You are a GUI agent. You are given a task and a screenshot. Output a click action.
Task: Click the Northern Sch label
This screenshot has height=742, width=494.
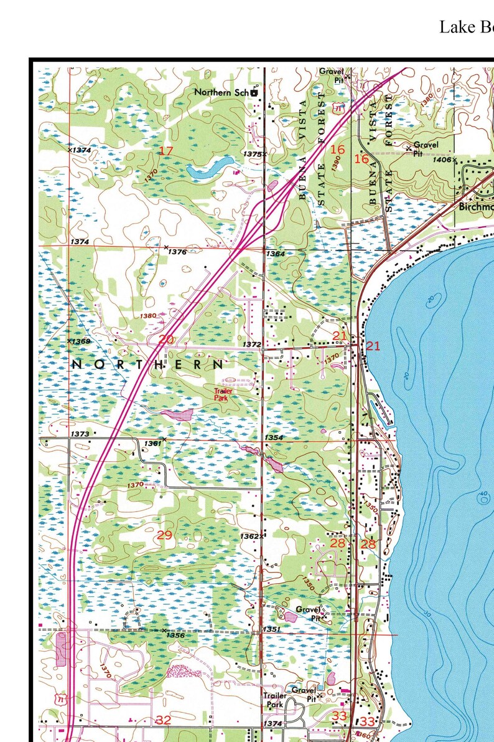click(x=221, y=92)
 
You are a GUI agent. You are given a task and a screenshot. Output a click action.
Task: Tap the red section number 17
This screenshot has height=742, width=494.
click(x=165, y=151)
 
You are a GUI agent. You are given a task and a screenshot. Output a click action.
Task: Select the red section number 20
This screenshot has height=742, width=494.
click(x=166, y=340)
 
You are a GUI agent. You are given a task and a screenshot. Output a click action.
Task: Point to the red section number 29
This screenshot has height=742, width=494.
click(x=164, y=535)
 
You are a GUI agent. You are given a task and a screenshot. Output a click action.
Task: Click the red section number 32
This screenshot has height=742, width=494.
click(x=163, y=720)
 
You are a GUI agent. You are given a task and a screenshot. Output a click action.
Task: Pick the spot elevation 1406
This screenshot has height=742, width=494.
click(x=442, y=160)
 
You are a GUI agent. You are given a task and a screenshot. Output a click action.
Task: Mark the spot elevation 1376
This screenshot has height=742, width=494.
click(x=177, y=252)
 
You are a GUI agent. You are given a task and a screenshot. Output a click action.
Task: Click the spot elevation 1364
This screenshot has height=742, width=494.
click(x=275, y=254)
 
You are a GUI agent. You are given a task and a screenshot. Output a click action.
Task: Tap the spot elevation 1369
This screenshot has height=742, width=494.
click(x=81, y=341)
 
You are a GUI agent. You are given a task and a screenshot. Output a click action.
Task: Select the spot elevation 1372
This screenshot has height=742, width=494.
click(x=251, y=345)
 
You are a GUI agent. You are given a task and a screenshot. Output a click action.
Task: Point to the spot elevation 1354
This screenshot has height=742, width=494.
click(x=274, y=438)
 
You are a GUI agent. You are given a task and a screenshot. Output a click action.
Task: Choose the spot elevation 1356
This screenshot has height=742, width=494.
click(x=175, y=635)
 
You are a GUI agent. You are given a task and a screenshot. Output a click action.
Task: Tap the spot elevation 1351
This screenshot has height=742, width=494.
click(x=272, y=629)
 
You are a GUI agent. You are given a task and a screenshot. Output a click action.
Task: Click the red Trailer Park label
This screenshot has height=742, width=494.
click(x=223, y=394)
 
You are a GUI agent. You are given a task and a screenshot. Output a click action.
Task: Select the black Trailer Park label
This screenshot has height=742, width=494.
click(x=274, y=700)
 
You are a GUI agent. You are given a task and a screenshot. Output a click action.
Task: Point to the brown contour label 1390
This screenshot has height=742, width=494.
click(x=336, y=163)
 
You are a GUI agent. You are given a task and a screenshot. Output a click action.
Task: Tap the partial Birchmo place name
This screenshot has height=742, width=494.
click(x=476, y=207)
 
